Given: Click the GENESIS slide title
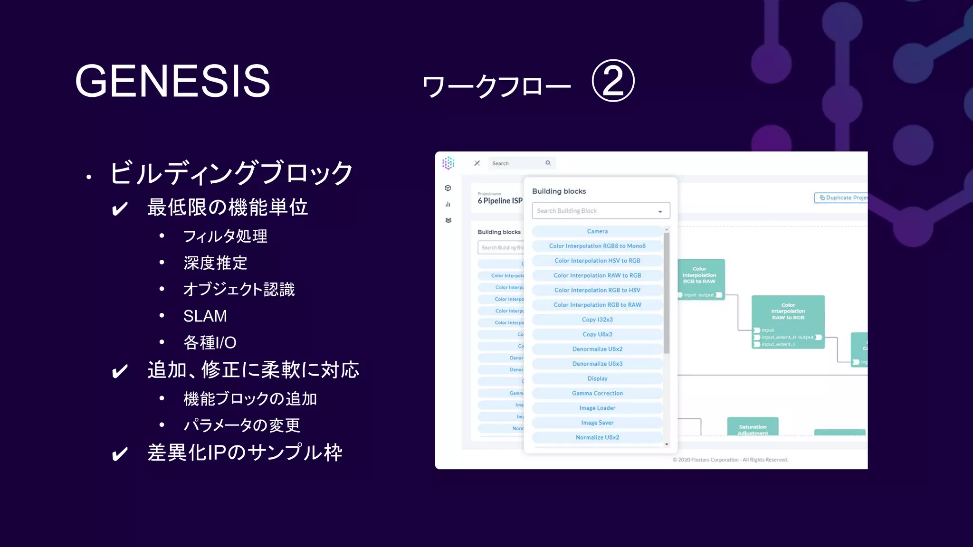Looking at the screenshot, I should (x=172, y=81).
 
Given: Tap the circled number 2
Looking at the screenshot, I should (x=613, y=81).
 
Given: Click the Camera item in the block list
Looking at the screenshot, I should (x=597, y=231).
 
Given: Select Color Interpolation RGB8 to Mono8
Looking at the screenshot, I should (x=597, y=246).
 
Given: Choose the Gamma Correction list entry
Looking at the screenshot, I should (x=597, y=393).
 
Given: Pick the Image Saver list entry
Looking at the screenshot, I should (x=597, y=423).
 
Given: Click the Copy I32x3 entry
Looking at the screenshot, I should (x=597, y=320).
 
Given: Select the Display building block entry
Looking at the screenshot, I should (x=597, y=378).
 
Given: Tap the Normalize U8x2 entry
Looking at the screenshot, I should (x=597, y=437).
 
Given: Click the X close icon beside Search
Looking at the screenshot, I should (x=477, y=163).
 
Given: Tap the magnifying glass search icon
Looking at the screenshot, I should (x=548, y=163).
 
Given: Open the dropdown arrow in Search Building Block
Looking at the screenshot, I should (x=660, y=211).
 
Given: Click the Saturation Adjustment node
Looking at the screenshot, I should (x=753, y=427).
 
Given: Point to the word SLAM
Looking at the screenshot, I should (x=205, y=316).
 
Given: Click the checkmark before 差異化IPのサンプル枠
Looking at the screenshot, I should (x=120, y=454).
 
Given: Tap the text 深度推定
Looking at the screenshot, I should (x=215, y=263).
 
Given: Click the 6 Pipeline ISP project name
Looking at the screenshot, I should (x=500, y=201).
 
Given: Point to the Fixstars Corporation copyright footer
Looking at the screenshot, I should (x=730, y=460).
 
